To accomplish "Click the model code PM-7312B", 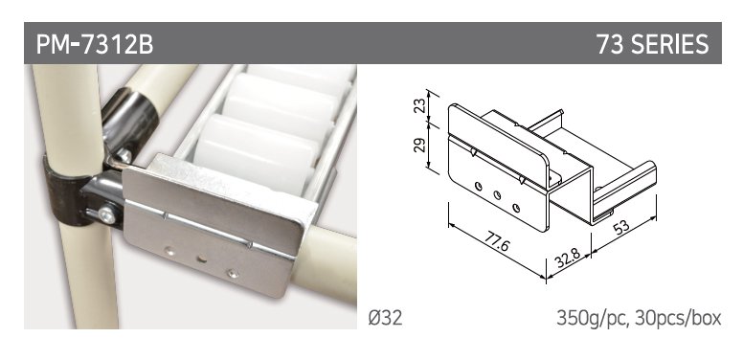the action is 95,44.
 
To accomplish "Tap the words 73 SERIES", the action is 652,44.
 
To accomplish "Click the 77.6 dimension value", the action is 497,243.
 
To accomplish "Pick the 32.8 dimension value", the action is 567,258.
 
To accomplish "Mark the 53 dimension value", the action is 621,228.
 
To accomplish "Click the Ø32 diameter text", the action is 385,318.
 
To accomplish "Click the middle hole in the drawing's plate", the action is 497,194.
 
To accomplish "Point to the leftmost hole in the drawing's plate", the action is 478,186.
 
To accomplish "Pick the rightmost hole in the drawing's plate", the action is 516,208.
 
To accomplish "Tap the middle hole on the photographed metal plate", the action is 202,259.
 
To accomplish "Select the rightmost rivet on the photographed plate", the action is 232,273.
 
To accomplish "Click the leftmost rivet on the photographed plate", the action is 169,252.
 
